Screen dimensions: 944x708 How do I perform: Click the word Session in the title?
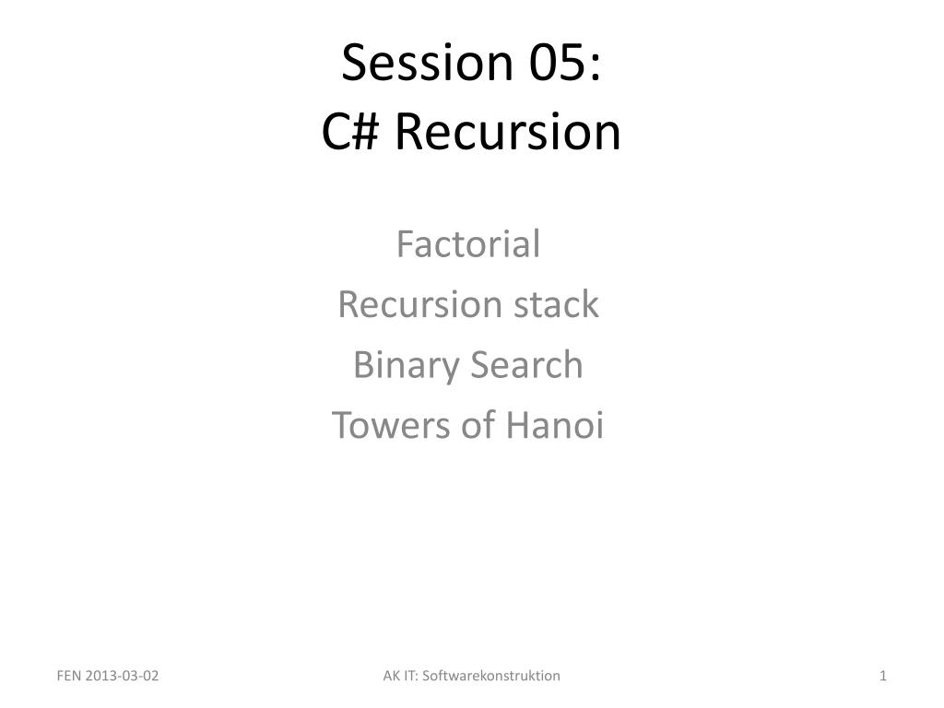tap(427, 62)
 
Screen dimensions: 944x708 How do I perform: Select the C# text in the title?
tap(350, 131)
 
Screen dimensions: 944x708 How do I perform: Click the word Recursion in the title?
tap(508, 131)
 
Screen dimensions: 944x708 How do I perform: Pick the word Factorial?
tap(468, 243)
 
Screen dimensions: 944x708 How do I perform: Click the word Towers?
tap(391, 425)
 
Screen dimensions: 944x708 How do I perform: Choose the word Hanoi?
tap(554, 425)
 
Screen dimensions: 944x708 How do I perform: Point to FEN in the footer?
tap(68, 676)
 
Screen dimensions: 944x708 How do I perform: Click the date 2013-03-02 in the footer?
tap(122, 676)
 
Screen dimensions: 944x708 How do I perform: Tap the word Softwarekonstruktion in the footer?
tap(491, 676)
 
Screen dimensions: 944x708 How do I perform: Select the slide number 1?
tap(883, 676)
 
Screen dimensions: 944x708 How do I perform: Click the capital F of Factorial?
tap(407, 243)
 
